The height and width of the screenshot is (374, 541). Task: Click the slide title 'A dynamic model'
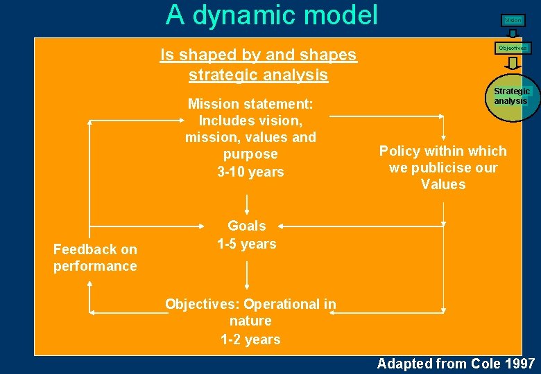click(272, 15)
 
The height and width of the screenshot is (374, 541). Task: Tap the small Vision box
click(513, 20)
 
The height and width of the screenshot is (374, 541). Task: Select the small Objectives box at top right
click(513, 48)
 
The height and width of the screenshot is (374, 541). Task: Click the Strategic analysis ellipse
click(512, 96)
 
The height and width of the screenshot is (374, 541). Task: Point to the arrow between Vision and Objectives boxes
click(513, 33)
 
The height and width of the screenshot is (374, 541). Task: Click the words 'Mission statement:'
click(250, 104)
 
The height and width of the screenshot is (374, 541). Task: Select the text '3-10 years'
click(250, 172)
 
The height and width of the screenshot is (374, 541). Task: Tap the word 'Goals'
click(247, 226)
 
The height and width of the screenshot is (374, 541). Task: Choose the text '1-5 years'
click(247, 244)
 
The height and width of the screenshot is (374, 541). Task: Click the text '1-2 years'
click(250, 339)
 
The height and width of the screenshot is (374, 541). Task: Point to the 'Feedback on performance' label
click(95, 258)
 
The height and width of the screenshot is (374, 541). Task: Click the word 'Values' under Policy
click(443, 184)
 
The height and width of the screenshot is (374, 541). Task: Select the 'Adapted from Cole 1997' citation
click(456, 364)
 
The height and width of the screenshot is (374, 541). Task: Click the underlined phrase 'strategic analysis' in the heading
click(258, 74)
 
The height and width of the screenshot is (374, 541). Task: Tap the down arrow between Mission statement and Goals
click(247, 203)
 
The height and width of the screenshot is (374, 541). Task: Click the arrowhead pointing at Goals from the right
click(284, 225)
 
